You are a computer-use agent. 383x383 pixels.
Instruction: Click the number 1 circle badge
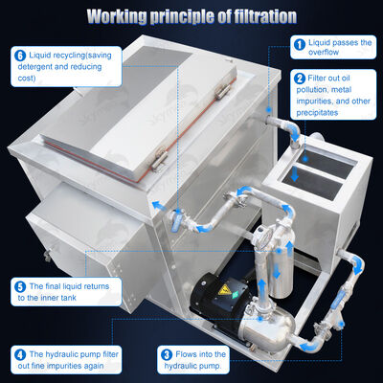pyautogui.click(x=299, y=44)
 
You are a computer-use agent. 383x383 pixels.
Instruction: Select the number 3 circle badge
pyautogui.click(x=166, y=353)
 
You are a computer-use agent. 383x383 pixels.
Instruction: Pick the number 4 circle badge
pyautogui.click(x=19, y=353)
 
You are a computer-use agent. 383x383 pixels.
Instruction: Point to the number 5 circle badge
pyautogui.click(x=19, y=285)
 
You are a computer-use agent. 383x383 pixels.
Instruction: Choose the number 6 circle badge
pyautogui.click(x=19, y=56)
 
